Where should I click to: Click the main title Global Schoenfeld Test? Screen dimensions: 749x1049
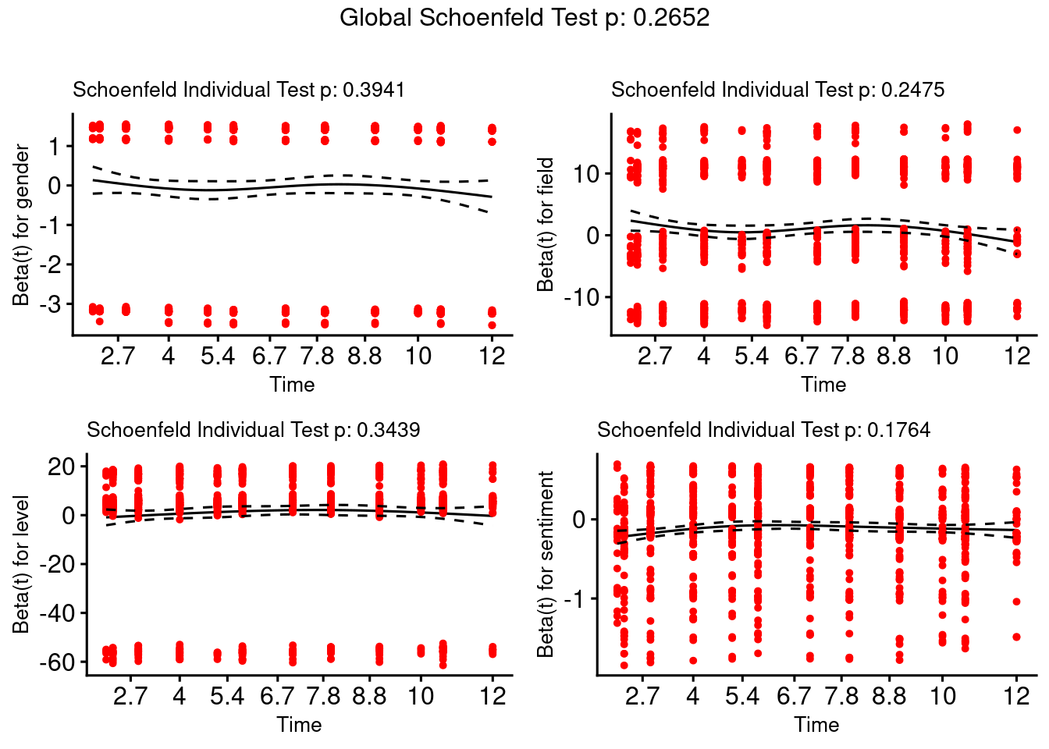click(x=524, y=18)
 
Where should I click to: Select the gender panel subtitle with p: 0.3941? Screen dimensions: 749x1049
click(x=239, y=90)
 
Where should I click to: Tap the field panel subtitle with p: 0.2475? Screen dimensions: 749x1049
click(x=777, y=90)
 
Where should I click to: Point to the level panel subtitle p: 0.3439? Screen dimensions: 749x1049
click(x=253, y=430)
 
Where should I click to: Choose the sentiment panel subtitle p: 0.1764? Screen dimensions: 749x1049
click(x=763, y=430)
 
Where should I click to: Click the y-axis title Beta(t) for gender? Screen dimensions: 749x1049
click(x=21, y=225)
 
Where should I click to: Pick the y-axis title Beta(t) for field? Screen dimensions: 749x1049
click(x=546, y=225)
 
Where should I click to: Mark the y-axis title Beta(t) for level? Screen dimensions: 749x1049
click(x=21, y=564)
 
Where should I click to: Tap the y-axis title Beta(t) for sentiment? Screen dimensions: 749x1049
click(x=546, y=564)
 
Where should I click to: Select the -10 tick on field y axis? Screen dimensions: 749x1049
click(x=581, y=297)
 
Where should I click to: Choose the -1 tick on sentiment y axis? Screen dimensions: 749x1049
click(x=577, y=599)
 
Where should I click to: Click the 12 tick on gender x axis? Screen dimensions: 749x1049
click(x=492, y=357)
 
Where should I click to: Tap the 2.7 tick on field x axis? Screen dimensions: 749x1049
click(x=654, y=357)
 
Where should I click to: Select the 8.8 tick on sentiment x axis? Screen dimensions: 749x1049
click(x=889, y=696)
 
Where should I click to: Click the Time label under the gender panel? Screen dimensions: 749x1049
click(x=292, y=385)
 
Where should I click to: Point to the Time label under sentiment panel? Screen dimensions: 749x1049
click(x=816, y=725)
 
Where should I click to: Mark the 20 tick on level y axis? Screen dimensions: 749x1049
click(x=61, y=467)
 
